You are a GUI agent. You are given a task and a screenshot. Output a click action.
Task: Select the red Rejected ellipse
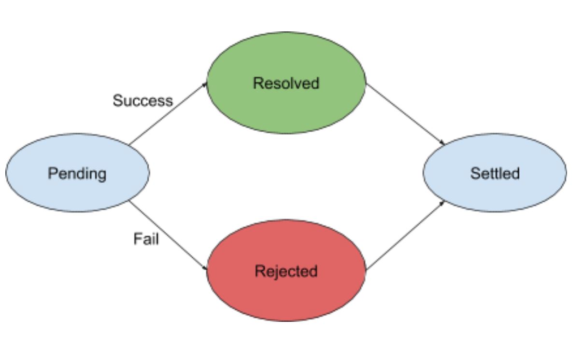(286, 294)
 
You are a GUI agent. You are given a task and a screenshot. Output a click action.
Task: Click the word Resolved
(286, 83)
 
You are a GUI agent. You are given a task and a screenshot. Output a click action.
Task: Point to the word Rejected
(286, 271)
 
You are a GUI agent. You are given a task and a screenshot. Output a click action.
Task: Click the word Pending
(77, 173)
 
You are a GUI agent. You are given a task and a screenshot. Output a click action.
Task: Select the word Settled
(495, 173)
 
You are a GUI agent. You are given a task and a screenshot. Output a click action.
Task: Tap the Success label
(142, 100)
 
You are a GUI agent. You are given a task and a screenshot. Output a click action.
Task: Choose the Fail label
(146, 238)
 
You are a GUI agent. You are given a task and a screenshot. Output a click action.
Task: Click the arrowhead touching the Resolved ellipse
(205, 84)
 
